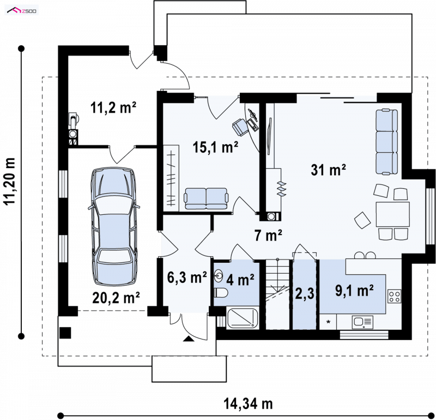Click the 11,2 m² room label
tap(113, 107)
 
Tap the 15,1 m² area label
tap(215, 147)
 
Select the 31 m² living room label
tap(329, 170)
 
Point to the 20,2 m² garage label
tap(116, 298)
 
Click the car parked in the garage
tap(114, 226)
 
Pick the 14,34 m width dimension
tap(248, 404)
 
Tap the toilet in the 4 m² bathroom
tap(221, 292)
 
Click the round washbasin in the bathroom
tap(219, 276)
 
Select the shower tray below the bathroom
tap(243, 318)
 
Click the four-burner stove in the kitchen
tap(394, 296)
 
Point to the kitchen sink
tap(362, 323)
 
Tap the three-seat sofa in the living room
tap(387, 142)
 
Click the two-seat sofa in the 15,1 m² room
tap(206, 199)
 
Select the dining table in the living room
tap(392, 214)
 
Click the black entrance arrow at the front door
tap(188, 338)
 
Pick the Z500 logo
tap(22, 11)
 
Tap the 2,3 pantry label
tap(305, 293)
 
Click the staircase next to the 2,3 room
tap(277, 294)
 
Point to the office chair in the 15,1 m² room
tap(240, 126)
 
